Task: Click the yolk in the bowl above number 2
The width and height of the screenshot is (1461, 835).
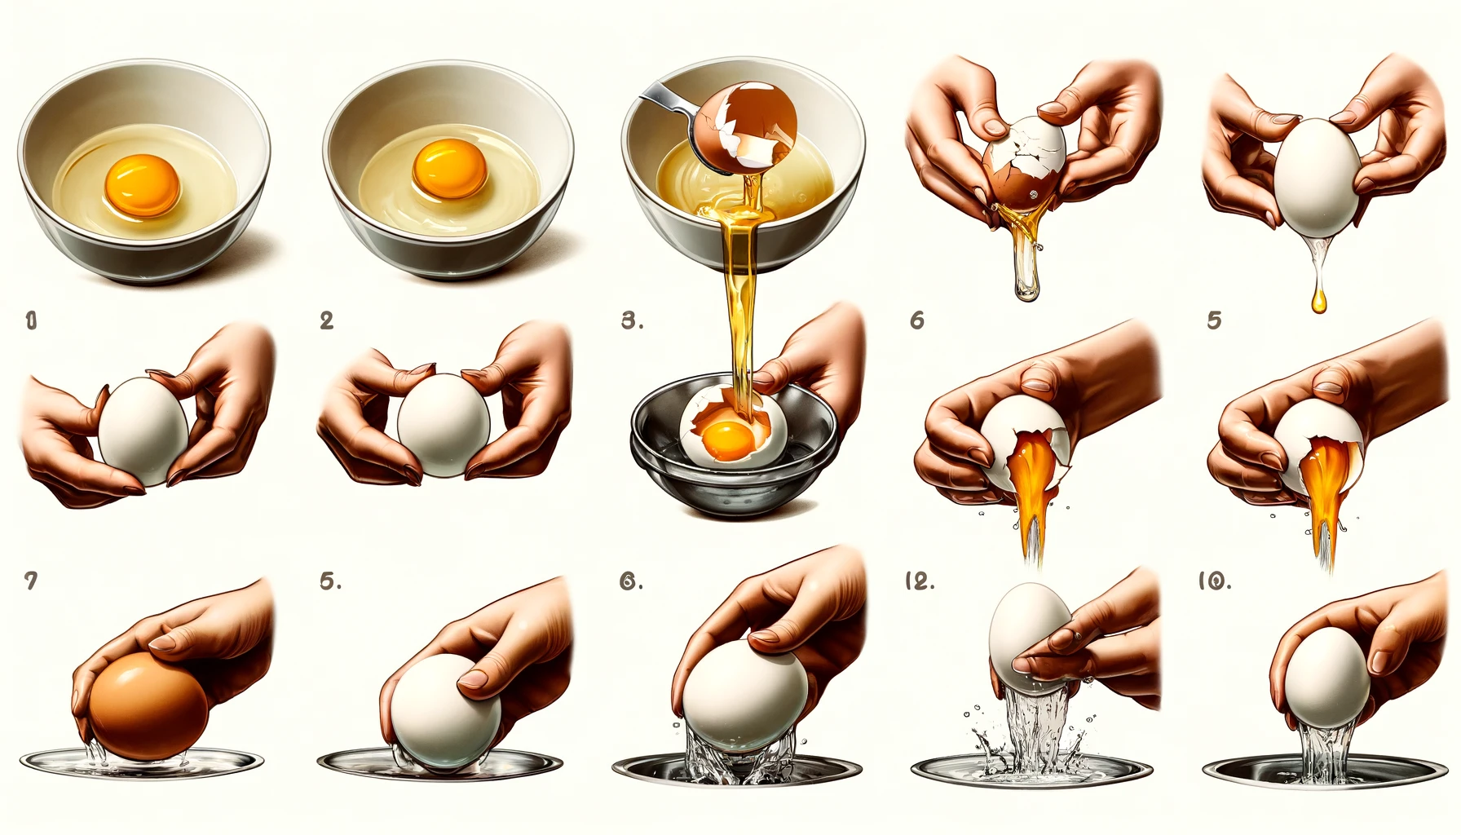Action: [x=449, y=167]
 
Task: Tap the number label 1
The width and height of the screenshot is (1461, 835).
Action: [x=31, y=320]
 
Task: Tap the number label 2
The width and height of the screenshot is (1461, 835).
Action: [x=327, y=320]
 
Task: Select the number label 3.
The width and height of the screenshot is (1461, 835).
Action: [x=631, y=320]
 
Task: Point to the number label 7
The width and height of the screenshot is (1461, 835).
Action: [x=31, y=581]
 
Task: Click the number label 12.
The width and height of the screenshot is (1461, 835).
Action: [x=919, y=581]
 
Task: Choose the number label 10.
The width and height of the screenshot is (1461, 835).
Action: [x=1214, y=581]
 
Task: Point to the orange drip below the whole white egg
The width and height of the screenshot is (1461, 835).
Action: [x=1318, y=302]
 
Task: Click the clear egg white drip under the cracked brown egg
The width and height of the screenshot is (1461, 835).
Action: [x=1024, y=277]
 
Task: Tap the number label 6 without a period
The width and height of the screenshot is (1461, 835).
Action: [x=917, y=320]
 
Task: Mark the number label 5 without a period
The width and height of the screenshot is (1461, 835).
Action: [x=1214, y=320]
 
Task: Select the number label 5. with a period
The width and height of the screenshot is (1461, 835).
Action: [x=329, y=581]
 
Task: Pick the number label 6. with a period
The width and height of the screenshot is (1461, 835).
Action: [x=631, y=581]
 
